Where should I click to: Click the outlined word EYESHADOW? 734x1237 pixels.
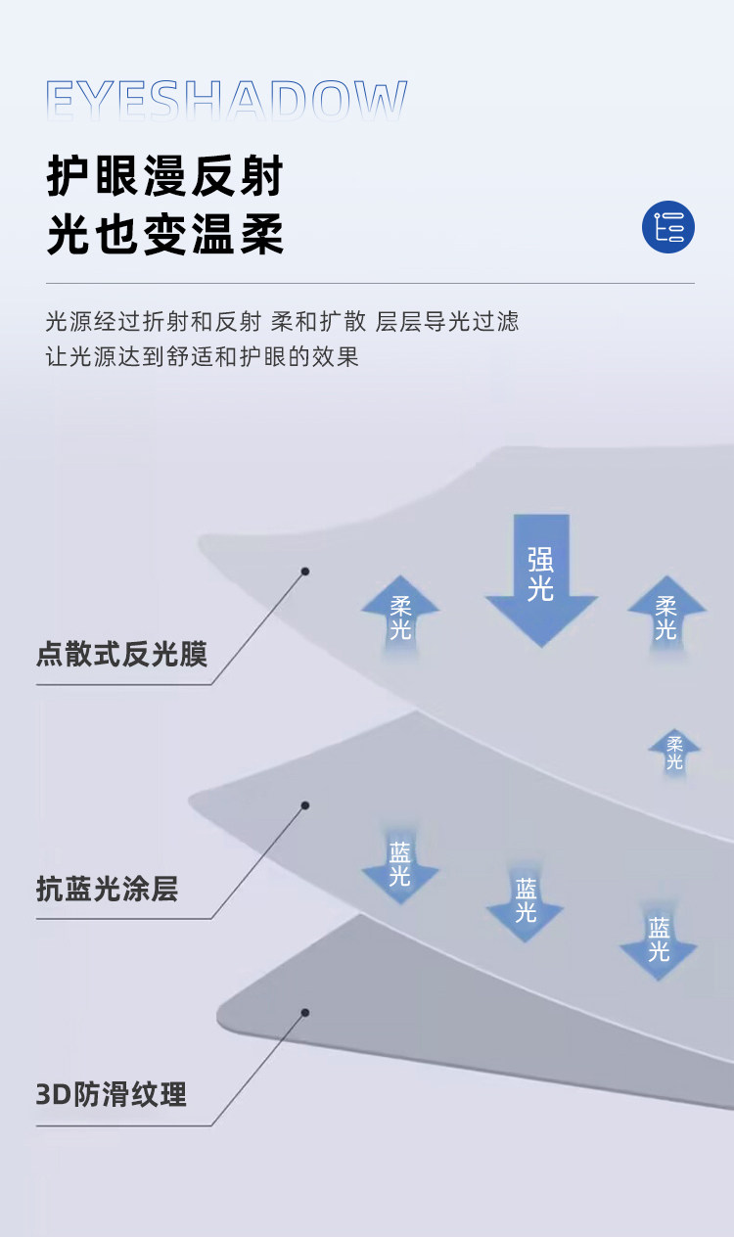coord(226,102)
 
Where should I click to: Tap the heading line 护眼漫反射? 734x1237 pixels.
coord(165,176)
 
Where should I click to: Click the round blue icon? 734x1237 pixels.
coord(668,227)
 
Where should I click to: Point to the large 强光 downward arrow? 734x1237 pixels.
coord(541,577)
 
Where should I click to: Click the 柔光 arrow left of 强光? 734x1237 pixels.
coord(400,615)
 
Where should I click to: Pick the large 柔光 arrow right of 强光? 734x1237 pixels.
coord(666,615)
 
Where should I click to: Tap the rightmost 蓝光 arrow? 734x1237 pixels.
coord(659,940)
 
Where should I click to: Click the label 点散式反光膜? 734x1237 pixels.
coord(122,654)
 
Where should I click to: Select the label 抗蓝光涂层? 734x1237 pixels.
coord(108,889)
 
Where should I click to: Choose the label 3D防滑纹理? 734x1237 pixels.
coord(111,1094)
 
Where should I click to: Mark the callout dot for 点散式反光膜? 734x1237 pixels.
coord(305,571)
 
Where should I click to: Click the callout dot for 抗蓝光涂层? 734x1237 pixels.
coord(305,805)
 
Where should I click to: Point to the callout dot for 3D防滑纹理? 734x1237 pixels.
coord(305,1012)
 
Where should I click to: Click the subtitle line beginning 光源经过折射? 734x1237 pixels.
coord(282,321)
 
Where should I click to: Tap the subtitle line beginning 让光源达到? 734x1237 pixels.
coord(203,356)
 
